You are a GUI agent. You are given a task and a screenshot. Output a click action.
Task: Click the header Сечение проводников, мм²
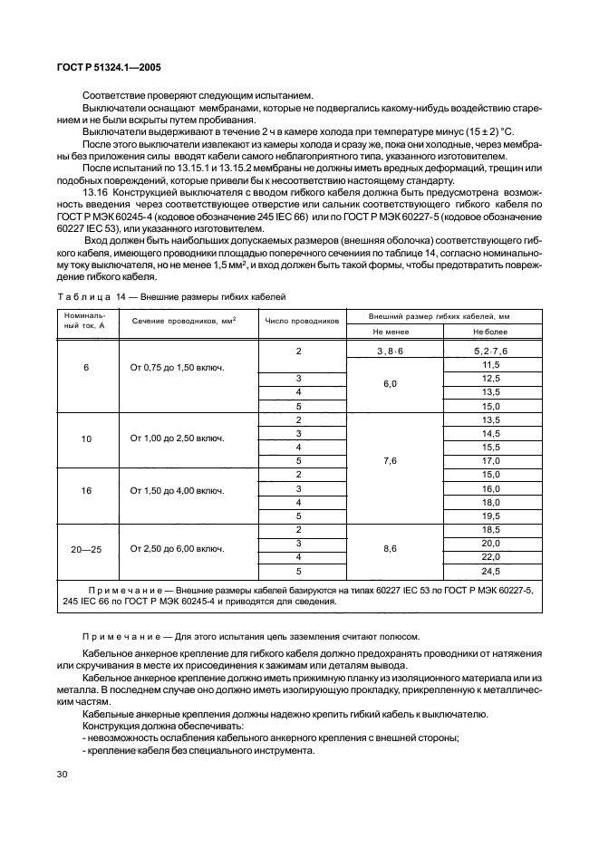[x=178, y=321]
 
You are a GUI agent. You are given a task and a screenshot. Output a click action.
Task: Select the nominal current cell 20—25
[x=87, y=548]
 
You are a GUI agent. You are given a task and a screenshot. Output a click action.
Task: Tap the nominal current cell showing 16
[x=87, y=489]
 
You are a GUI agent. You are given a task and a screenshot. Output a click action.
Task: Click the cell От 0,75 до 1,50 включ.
[x=178, y=370]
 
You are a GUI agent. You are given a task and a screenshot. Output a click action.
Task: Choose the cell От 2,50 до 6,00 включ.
[x=178, y=548]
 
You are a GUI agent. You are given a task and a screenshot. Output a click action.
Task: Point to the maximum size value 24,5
[x=491, y=572]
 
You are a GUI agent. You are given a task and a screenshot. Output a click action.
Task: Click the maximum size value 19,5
[x=491, y=516]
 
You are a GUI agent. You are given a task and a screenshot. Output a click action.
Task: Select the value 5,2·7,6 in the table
[x=491, y=351]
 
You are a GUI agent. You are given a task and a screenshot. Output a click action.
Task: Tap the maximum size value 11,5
[x=491, y=364]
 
